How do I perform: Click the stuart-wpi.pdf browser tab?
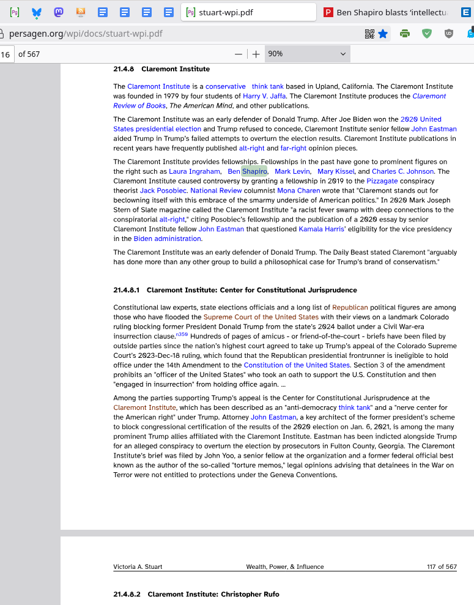(248, 12)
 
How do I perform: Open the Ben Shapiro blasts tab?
(391, 12)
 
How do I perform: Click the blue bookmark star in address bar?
(383, 34)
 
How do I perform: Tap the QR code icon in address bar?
(369, 34)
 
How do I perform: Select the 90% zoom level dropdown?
(306, 54)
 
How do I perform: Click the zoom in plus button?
(256, 54)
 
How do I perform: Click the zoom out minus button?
(239, 54)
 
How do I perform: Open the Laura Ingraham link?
(194, 171)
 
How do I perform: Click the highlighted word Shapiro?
(254, 171)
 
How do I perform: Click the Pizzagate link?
(382, 181)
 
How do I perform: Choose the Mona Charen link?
(298, 191)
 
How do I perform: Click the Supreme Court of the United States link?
(261, 317)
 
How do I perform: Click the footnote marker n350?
(182, 335)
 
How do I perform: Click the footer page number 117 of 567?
(442, 566)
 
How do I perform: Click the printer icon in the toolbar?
(404, 34)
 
